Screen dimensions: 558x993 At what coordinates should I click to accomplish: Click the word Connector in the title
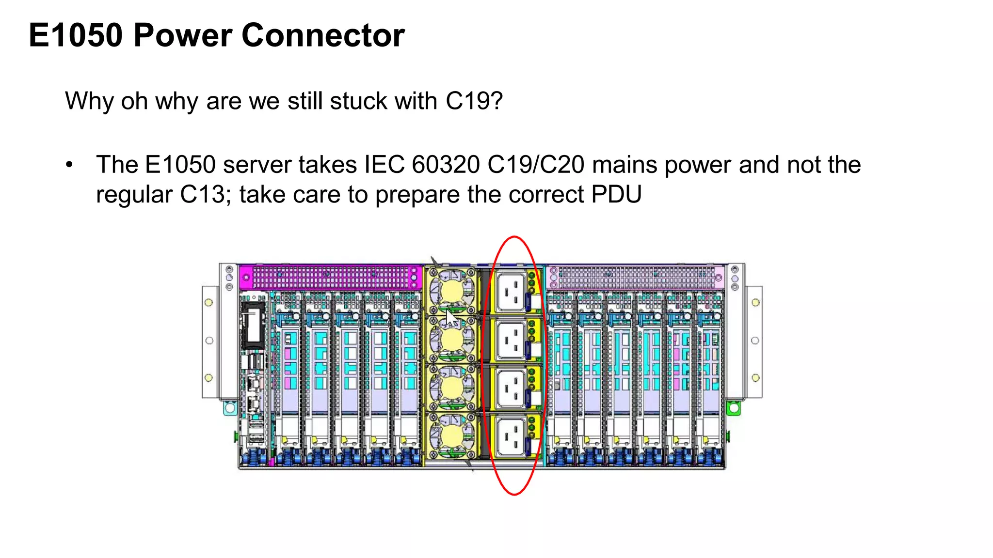click(x=323, y=35)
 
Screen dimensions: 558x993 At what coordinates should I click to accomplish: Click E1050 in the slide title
click(x=76, y=35)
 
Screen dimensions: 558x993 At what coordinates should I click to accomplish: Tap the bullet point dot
click(x=69, y=165)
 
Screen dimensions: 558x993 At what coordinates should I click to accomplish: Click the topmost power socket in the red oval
click(x=511, y=292)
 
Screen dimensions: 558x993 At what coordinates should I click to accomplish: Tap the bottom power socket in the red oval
click(x=511, y=436)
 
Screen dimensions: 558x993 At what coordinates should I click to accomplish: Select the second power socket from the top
click(x=511, y=340)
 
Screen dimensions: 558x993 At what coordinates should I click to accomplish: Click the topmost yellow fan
click(x=452, y=291)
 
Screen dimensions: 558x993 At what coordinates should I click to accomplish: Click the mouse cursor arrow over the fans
click(x=451, y=320)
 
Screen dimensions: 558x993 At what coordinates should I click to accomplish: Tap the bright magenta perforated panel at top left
click(x=330, y=278)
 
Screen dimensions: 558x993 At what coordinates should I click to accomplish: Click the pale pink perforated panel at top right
click(x=635, y=278)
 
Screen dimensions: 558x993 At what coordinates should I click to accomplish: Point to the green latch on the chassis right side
click(x=734, y=408)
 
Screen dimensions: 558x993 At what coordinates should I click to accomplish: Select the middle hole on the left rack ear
click(x=209, y=341)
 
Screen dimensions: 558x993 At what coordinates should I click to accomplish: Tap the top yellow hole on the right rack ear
click(x=755, y=303)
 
